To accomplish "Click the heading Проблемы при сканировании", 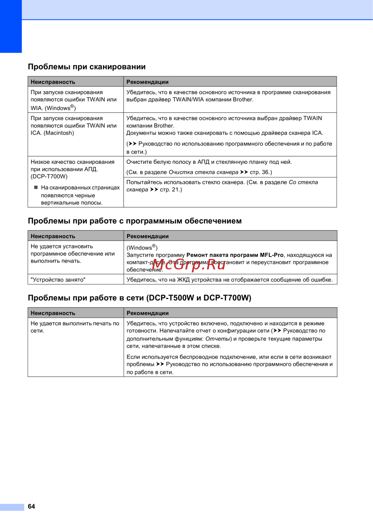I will click(x=87, y=67).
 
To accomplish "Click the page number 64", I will click(x=31, y=506).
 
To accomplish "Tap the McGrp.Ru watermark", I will click(x=189, y=265).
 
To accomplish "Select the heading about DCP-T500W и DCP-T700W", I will click(x=140, y=298).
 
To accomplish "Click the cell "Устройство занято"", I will click(x=58, y=279).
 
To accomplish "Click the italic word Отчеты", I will click(x=218, y=338).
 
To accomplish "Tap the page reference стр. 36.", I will click(x=260, y=172).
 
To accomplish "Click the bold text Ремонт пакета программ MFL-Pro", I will click(x=235, y=255).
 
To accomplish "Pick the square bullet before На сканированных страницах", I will click(x=36, y=187).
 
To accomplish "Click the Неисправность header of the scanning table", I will click(x=53, y=82).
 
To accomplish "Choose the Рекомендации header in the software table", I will click(x=148, y=236).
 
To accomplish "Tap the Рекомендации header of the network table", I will click(x=148, y=313).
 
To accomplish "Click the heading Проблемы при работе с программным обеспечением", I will click(x=135, y=221).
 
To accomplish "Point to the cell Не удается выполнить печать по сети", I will click(x=75, y=327).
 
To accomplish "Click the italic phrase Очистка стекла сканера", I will click(x=203, y=172).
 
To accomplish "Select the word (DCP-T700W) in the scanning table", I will click(x=49, y=176).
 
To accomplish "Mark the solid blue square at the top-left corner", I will click(x=11, y=26).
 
